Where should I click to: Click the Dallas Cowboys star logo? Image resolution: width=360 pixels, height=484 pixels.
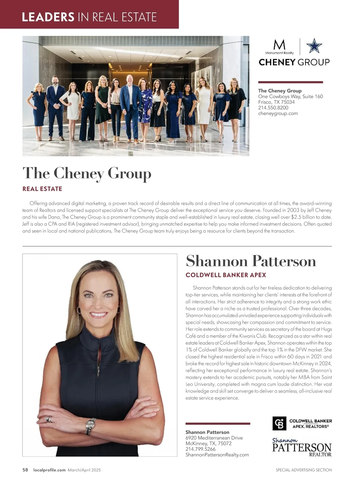[314, 46]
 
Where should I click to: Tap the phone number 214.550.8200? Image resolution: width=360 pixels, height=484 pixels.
[273, 108]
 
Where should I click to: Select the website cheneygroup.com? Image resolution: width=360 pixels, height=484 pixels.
[278, 113]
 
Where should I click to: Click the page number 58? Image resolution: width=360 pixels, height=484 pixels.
[25, 470]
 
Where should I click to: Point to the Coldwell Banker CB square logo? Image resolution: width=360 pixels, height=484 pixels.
[279, 423]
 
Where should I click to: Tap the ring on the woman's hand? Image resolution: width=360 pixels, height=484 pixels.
[48, 419]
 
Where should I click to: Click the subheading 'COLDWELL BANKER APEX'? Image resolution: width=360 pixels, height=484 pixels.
[226, 275]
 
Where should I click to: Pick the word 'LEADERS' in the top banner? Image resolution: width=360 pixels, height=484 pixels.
[48, 17]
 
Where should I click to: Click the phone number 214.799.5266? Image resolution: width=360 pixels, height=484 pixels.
[200, 449]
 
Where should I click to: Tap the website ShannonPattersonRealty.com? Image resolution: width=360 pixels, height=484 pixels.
[217, 455]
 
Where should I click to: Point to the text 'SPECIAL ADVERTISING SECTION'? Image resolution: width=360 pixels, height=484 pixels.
[304, 470]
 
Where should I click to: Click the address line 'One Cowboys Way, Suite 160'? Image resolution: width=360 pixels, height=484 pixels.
[290, 96]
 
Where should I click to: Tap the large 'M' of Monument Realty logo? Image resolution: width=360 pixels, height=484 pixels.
[279, 45]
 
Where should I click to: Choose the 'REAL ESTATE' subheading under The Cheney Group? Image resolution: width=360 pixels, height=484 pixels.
[42, 189]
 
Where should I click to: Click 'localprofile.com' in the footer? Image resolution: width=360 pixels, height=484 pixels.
[49, 470]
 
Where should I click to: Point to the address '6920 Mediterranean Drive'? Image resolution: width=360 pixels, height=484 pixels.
[214, 438]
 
